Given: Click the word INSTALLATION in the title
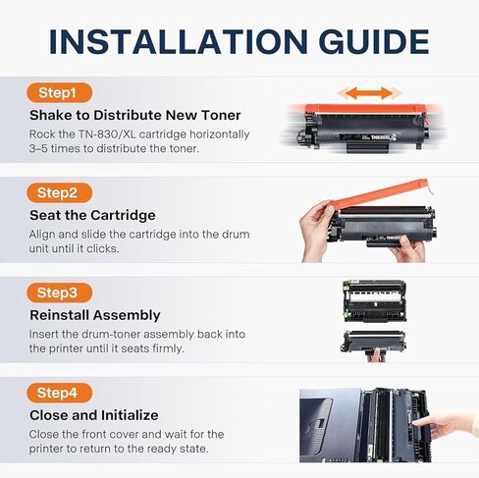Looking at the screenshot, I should pos(168,41).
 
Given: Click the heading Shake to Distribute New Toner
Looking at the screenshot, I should pos(135,116).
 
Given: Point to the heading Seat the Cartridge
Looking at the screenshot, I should pos(91,215).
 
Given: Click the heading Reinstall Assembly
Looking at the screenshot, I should pos(94,315).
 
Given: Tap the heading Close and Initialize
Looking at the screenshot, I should pos(93,415).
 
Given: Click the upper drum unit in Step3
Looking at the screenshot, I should pos(373,299).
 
